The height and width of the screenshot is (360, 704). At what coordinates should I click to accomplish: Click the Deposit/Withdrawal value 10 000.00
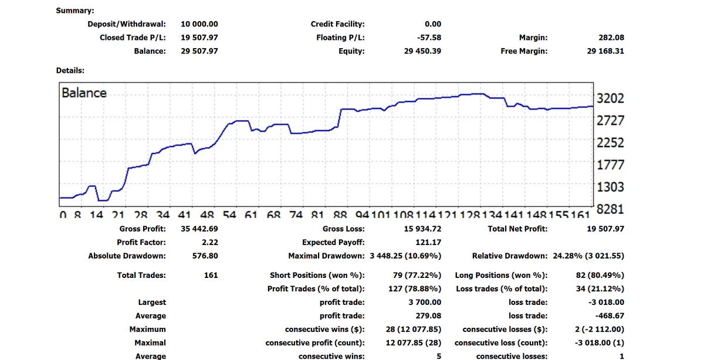[x=199, y=24]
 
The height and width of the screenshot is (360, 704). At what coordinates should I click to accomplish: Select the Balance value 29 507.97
[x=199, y=51]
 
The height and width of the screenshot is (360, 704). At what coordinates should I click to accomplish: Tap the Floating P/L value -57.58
[x=429, y=38]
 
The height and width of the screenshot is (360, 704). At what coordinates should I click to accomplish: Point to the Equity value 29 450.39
[x=422, y=51]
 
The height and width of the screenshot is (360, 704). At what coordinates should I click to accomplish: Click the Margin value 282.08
[x=611, y=38]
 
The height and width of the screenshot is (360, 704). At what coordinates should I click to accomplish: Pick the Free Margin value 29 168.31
[x=605, y=51]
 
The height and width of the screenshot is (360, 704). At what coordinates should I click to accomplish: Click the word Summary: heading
[x=75, y=11]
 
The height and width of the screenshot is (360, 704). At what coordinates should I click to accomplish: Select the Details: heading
[x=70, y=70]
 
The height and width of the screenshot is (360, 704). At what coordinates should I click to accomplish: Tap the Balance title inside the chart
[x=84, y=93]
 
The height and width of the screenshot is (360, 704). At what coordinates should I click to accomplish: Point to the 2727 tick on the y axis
[x=610, y=121]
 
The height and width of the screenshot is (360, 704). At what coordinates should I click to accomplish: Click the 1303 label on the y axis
[x=610, y=187]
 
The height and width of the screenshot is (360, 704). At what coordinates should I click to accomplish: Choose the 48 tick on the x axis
[x=207, y=216]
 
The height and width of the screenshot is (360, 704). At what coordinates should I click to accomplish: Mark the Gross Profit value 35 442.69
[x=199, y=229]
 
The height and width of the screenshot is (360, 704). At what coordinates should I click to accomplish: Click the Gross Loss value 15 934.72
[x=418, y=229]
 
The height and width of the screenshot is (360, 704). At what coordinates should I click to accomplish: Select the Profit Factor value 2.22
[x=209, y=242]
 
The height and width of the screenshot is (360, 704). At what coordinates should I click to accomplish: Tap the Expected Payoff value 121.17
[x=428, y=242]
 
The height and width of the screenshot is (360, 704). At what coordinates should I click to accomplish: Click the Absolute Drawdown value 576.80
[x=205, y=256]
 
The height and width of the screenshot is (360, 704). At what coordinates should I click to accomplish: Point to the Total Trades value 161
[x=211, y=275]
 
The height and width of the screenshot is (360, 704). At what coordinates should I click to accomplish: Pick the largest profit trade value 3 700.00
[x=425, y=302]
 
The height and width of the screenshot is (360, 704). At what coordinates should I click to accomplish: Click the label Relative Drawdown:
[x=509, y=256]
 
